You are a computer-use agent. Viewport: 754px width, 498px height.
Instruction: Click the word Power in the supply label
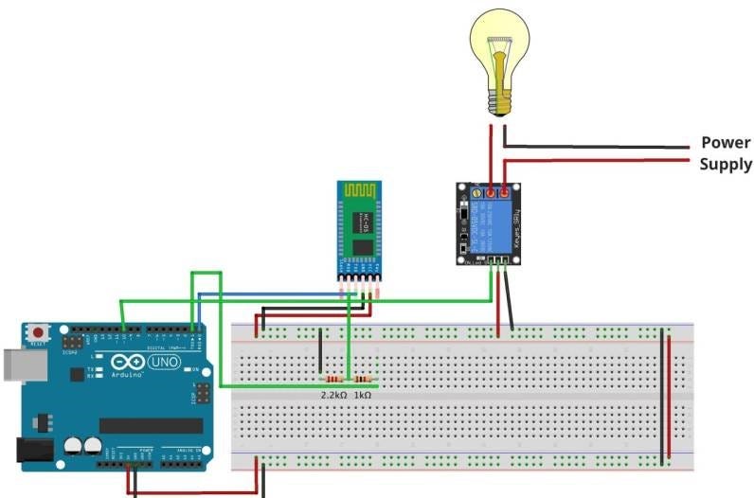pyautogui.click(x=725, y=143)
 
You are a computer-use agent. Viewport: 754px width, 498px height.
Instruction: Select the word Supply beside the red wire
pyautogui.click(x=726, y=165)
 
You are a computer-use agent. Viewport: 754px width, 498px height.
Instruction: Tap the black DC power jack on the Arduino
pyautogui.click(x=33, y=453)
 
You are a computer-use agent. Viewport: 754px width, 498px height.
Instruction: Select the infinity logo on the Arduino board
pyautogui.click(x=127, y=363)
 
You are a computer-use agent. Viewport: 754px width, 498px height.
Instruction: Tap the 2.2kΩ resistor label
pyautogui.click(x=333, y=394)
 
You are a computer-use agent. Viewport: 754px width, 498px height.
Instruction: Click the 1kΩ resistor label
pyautogui.click(x=362, y=394)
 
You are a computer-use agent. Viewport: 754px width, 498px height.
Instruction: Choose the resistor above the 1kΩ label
pyautogui.click(x=362, y=381)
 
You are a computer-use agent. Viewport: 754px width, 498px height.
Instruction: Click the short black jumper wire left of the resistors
pyautogui.click(x=320, y=352)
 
